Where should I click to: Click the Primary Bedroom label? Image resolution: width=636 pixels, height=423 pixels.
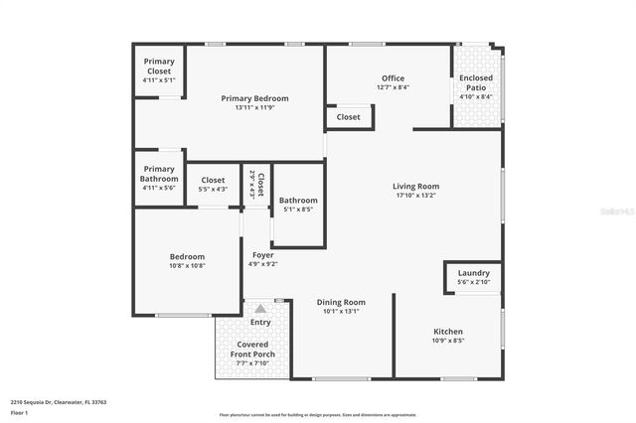click(x=254, y=98)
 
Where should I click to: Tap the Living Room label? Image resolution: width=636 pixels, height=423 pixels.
click(x=415, y=186)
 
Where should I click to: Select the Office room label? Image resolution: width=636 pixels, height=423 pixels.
click(x=394, y=78)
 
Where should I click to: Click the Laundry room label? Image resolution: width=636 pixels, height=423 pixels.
click(x=473, y=274)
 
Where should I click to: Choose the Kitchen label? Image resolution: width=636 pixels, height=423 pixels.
click(x=448, y=331)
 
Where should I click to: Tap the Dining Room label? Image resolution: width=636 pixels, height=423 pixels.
click(x=341, y=302)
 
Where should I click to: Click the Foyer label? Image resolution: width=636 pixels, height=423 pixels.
click(x=262, y=255)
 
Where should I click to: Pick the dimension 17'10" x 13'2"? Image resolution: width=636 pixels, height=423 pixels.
click(x=415, y=196)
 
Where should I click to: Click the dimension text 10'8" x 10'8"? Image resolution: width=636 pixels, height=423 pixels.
click(x=187, y=266)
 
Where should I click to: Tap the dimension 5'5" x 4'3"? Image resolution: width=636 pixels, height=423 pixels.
click(x=214, y=189)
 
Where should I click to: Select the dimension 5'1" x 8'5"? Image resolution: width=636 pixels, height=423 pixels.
click(x=298, y=210)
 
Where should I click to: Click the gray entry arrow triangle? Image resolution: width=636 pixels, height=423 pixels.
click(x=260, y=309)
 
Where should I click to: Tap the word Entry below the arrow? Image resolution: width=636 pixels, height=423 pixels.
click(x=260, y=322)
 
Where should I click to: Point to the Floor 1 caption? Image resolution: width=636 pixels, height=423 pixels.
click(x=19, y=412)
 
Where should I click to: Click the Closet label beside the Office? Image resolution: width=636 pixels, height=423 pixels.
click(x=349, y=117)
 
